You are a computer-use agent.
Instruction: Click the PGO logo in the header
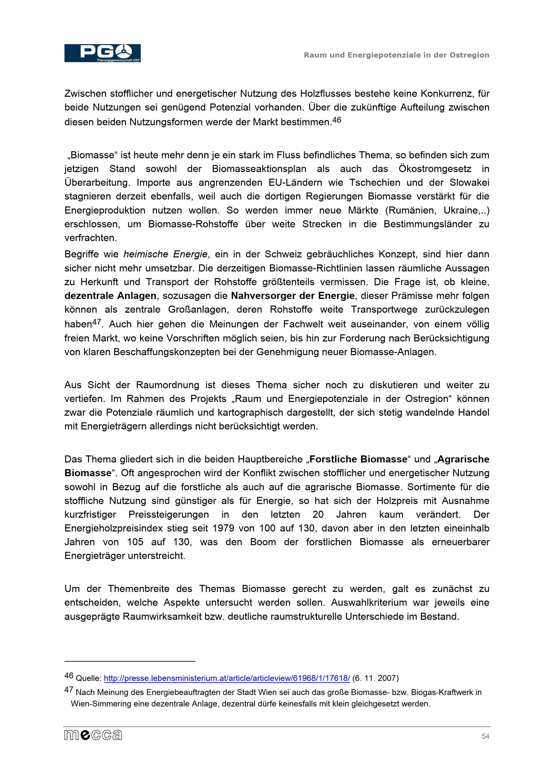coord(102,53)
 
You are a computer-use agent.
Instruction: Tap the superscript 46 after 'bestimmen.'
coord(337,119)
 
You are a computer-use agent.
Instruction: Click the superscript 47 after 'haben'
coord(96,322)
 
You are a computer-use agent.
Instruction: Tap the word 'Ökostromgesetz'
coord(435,169)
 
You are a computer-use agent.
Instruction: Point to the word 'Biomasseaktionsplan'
coord(259,169)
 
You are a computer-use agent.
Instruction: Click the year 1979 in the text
coord(224,528)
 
